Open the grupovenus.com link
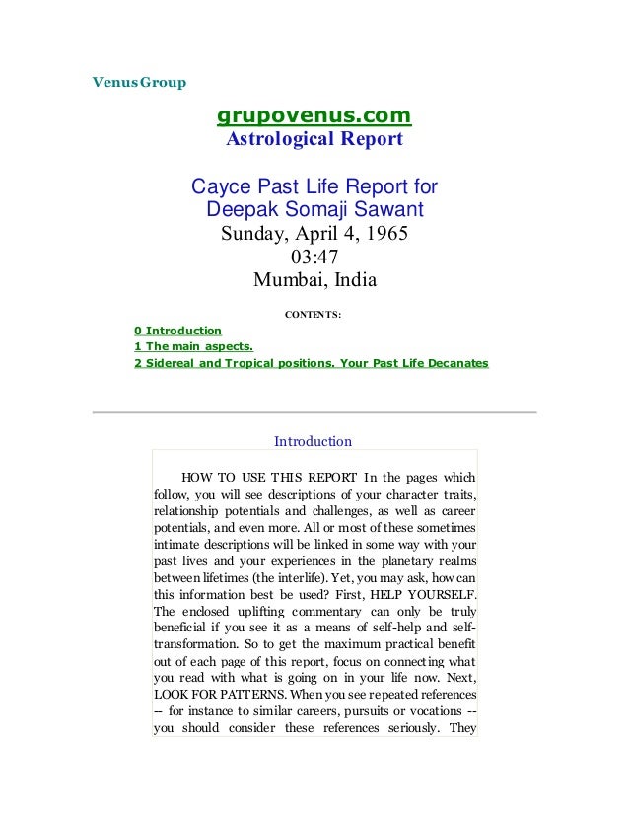point(314,119)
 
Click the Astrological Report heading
point(314,140)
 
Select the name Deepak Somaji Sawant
point(314,210)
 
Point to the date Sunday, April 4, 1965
point(314,235)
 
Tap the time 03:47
point(314,257)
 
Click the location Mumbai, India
point(314,279)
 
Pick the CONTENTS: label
point(314,315)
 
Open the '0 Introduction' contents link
point(177,331)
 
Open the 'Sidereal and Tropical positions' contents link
point(311,364)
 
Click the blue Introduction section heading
point(313,441)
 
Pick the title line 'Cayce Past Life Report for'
point(314,187)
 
